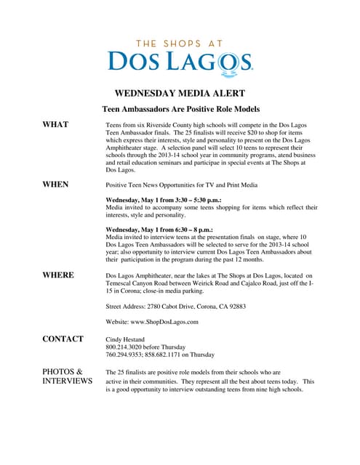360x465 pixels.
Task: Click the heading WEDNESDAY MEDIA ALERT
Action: click(x=180, y=93)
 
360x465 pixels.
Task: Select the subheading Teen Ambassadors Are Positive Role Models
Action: click(x=180, y=109)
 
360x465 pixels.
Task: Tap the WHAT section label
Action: click(x=55, y=125)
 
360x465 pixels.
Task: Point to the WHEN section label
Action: click(x=55, y=185)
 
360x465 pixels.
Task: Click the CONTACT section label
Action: click(x=63, y=339)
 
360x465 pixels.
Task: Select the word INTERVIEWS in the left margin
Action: click(x=67, y=381)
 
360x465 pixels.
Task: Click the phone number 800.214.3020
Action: click(x=125, y=347)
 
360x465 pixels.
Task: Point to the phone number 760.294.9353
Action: click(x=125, y=355)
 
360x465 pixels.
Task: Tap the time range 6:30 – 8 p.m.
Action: click(x=192, y=229)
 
